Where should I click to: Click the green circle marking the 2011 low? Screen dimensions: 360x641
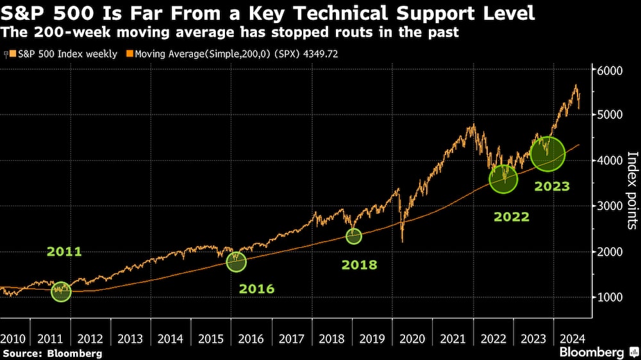click(x=62, y=291)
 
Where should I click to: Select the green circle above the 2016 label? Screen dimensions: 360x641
click(x=237, y=261)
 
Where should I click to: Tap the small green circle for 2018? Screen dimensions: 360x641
click(x=354, y=236)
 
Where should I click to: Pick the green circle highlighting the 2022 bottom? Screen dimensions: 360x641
click(x=503, y=179)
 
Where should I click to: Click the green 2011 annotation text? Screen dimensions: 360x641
click(x=64, y=252)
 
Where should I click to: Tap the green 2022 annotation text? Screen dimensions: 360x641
click(x=512, y=217)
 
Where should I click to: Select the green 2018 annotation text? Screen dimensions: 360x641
click(x=359, y=265)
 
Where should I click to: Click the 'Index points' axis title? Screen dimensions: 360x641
click(x=632, y=190)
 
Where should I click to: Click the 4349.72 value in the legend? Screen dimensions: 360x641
click(x=318, y=54)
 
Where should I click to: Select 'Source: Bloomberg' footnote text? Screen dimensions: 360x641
click(x=53, y=353)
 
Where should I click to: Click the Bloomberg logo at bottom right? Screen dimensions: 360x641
click(x=599, y=352)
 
